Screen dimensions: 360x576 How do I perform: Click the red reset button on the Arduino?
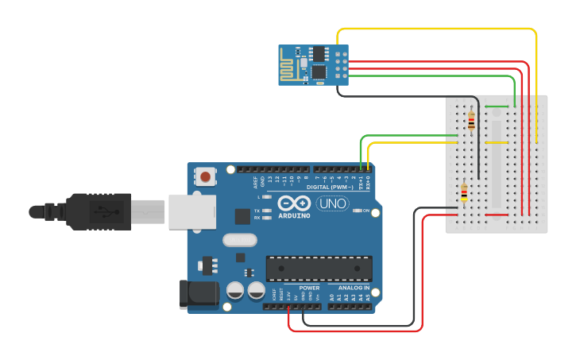pyautogui.click(x=207, y=176)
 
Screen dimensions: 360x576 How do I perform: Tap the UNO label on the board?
pyautogui.click(x=332, y=203)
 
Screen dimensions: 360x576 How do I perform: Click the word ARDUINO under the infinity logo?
pyautogui.click(x=295, y=215)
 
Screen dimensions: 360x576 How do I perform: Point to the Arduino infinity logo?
pyautogui.click(x=295, y=203)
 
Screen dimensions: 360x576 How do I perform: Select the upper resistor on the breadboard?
pyautogui.click(x=472, y=120)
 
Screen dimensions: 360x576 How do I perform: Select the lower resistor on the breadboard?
pyautogui.click(x=464, y=192)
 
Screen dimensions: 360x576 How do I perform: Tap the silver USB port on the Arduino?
pyautogui.click(x=191, y=210)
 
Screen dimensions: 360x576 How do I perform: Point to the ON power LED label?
pyautogui.click(x=367, y=211)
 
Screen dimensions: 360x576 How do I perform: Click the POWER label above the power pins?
pyautogui.click(x=309, y=288)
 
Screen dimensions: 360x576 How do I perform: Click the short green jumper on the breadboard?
pyautogui.click(x=497, y=106)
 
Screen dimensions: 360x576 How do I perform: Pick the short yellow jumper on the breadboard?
pyautogui.click(x=497, y=143)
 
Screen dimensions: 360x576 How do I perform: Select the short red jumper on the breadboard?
pyautogui.click(x=497, y=215)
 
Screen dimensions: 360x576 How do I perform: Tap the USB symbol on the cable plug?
pyautogui.click(x=102, y=211)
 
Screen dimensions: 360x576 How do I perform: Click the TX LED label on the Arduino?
pyautogui.click(x=257, y=210)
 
